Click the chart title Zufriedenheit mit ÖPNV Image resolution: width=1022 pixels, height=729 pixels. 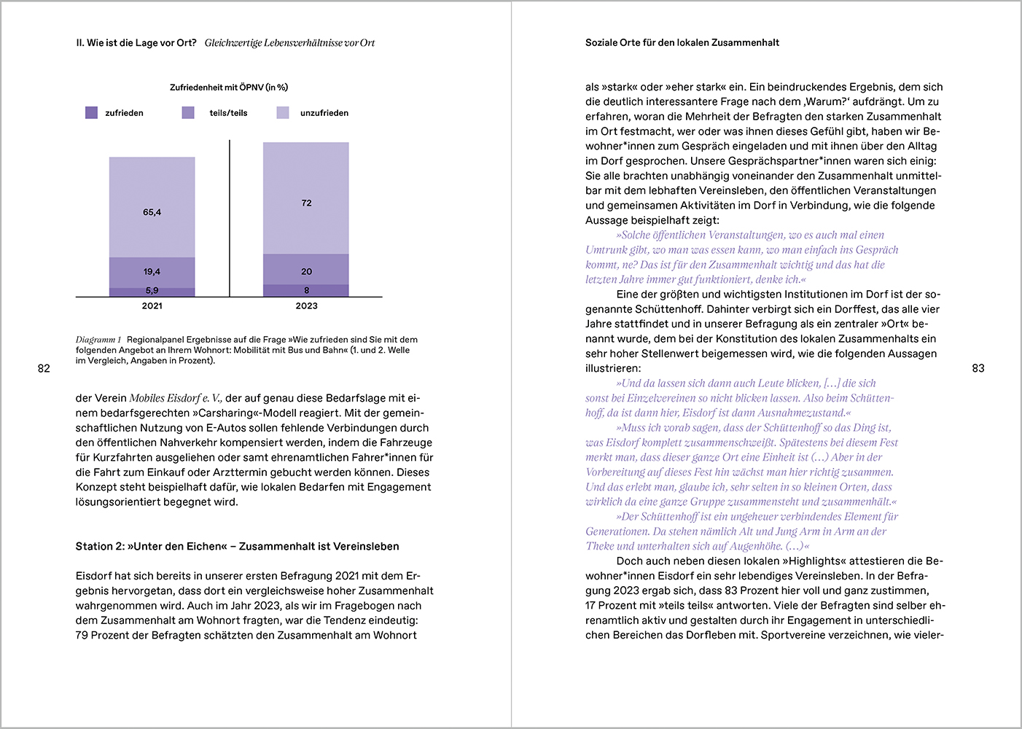click(228, 87)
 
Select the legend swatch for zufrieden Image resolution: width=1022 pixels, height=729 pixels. click(92, 113)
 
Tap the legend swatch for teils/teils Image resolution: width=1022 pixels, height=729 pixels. click(188, 113)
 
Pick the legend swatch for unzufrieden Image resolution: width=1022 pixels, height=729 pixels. click(283, 113)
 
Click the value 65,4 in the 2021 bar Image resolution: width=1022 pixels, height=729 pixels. click(152, 212)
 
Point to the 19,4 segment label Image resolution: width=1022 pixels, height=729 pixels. click(152, 272)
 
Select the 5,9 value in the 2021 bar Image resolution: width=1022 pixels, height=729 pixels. click(152, 291)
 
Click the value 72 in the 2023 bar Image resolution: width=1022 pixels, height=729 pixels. click(306, 203)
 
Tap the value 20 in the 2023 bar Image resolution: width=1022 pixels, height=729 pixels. click(306, 272)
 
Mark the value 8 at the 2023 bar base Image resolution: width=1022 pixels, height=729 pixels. click(306, 291)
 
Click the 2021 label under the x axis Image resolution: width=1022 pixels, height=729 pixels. click(152, 306)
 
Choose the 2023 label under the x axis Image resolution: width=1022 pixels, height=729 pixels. click(306, 306)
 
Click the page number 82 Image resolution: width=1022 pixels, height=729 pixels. click(44, 369)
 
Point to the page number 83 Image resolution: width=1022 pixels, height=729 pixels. click(978, 369)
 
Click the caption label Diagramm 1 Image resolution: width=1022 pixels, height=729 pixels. click(98, 340)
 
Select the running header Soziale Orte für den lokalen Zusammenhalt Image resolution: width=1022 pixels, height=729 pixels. click(682, 43)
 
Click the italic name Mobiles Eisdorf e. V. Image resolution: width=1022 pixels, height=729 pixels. click(175, 399)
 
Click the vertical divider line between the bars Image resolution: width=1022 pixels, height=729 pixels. click(230, 219)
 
